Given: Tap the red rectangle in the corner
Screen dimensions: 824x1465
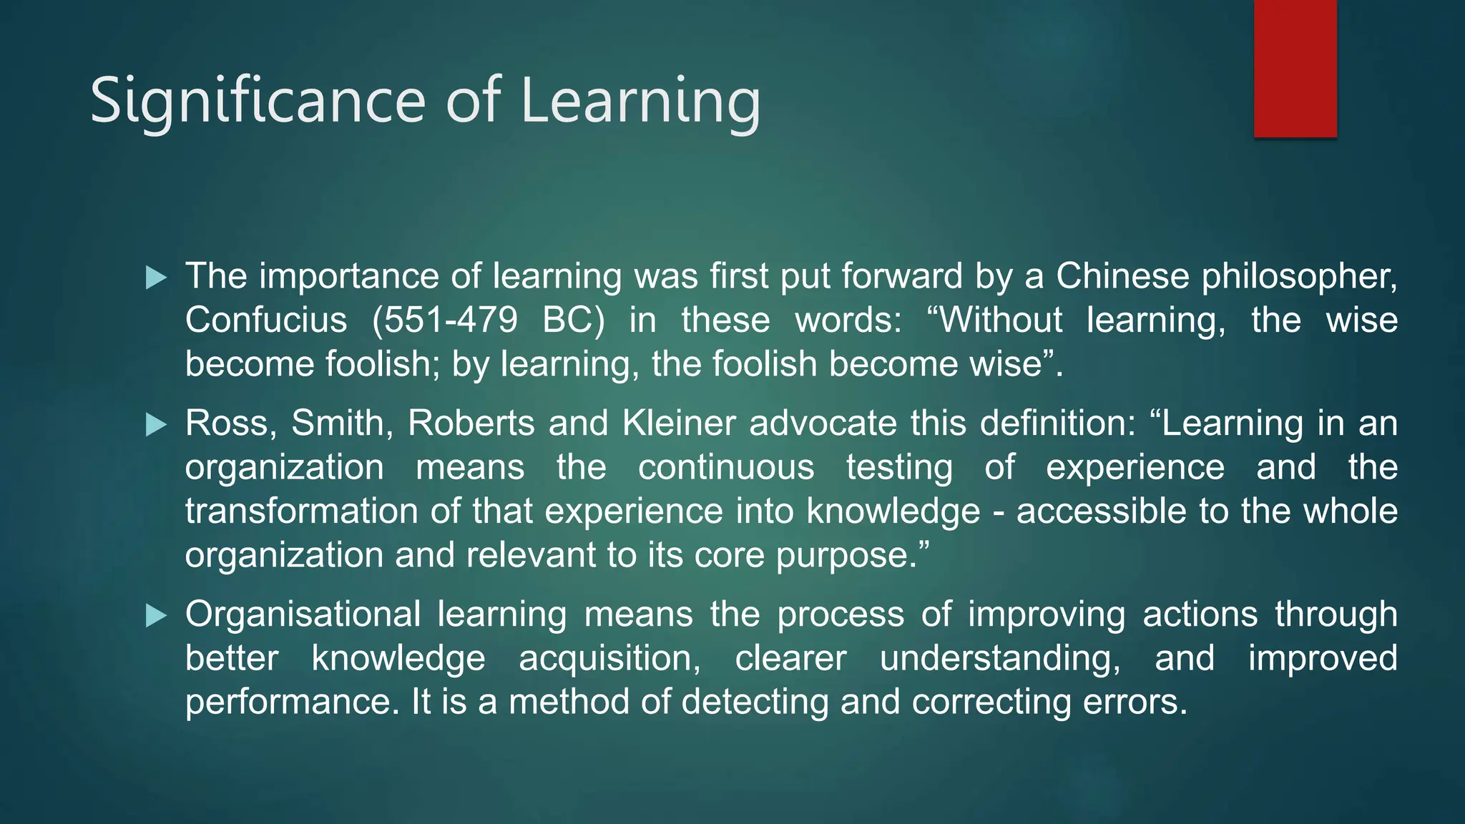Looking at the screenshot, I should pyautogui.click(x=1295, y=68).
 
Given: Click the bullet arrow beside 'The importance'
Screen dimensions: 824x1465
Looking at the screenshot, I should pyautogui.click(x=155, y=278).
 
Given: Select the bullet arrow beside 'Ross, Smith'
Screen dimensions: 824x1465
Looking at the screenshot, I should pyautogui.click(x=155, y=425).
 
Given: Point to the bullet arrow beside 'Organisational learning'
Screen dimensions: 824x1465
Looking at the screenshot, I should pyautogui.click(x=155, y=616).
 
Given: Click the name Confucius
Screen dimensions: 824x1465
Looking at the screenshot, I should pyautogui.click(x=266, y=320).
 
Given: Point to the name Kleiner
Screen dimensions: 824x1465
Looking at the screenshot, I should pyautogui.click(x=679, y=423).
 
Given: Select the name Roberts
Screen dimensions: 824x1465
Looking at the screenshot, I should pyautogui.click(x=471, y=423).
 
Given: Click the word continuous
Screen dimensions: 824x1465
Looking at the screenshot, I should pyautogui.click(x=725, y=468).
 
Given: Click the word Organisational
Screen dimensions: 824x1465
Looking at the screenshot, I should pyautogui.click(x=303, y=614).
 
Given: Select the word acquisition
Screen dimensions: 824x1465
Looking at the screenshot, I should pyautogui.click(x=609, y=659).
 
